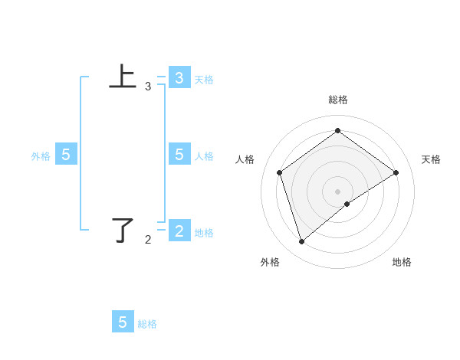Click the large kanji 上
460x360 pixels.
click(123, 77)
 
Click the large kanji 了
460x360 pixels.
click(123, 230)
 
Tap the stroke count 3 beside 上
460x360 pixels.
click(148, 87)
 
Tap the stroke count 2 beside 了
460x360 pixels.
click(148, 240)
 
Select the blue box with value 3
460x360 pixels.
click(179, 77)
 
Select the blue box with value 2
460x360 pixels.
click(179, 231)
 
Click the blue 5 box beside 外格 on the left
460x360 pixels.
click(66, 155)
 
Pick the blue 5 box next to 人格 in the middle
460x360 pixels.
click(179, 155)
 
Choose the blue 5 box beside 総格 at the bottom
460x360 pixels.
click(123, 322)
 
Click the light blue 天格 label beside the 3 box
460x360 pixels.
click(204, 79)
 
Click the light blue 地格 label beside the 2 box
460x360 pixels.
click(204, 233)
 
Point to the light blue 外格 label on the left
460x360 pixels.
click(41, 156)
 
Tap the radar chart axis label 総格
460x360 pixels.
click(337, 100)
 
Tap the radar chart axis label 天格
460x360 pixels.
click(431, 159)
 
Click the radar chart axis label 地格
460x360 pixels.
click(402, 262)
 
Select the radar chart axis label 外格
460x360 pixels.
click(270, 262)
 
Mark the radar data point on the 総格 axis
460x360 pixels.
click(337, 131)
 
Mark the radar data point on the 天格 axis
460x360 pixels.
click(396, 172)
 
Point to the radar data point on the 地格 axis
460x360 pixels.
click(347, 204)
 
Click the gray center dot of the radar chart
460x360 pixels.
click(337, 191)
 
